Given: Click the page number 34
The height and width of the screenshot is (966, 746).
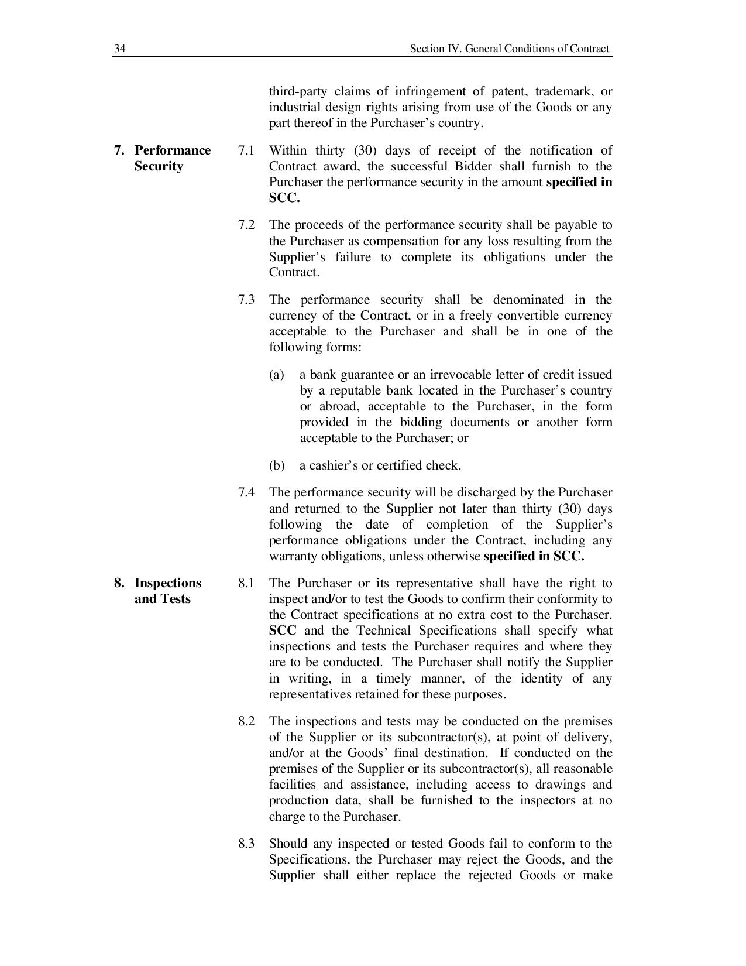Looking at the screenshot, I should tap(119, 49).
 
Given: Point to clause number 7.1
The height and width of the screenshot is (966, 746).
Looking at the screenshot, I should tap(246, 150).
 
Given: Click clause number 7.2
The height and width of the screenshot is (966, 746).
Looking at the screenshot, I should tap(246, 225).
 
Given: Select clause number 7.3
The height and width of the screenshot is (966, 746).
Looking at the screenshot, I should tap(246, 300).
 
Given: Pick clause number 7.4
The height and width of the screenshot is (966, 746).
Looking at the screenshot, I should tap(246, 492).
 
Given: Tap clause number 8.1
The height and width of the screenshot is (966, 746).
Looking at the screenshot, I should tap(246, 583).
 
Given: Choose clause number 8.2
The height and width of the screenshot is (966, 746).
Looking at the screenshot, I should tap(246, 721).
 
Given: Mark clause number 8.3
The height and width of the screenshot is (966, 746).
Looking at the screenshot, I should tap(246, 844).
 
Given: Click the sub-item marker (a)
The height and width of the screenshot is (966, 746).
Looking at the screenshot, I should tap(277, 375).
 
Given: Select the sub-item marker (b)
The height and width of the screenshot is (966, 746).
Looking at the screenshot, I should tap(277, 465).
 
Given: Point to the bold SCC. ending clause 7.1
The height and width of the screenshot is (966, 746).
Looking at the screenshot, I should tap(284, 198).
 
